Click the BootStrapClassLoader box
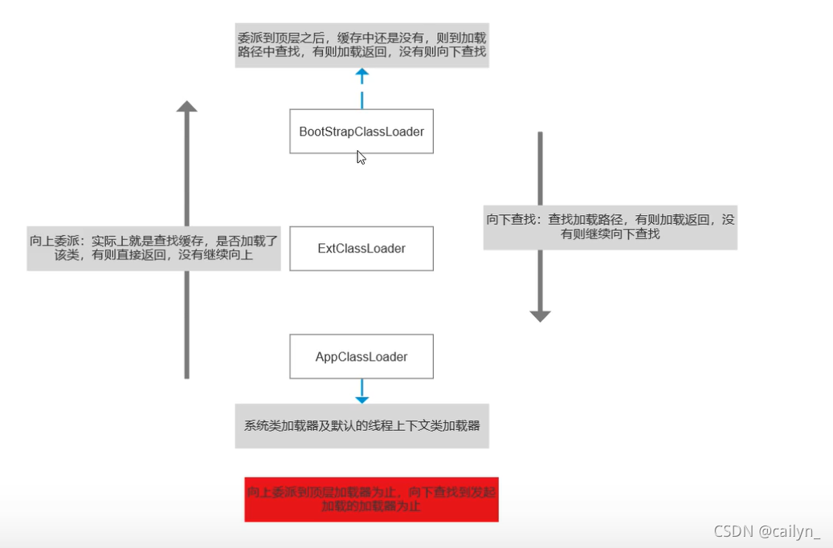tap(361, 131)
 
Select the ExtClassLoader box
tap(361, 248)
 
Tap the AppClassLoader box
tap(361, 356)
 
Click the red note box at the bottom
tap(371, 499)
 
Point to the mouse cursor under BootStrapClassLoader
tap(361, 157)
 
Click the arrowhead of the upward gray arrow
tap(187, 106)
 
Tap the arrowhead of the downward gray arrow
tap(540, 315)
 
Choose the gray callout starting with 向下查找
tap(610, 226)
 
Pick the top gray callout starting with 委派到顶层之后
tap(361, 45)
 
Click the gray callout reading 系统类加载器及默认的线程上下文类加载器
tap(361, 425)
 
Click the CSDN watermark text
tap(732, 531)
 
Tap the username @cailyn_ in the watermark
tap(790, 531)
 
